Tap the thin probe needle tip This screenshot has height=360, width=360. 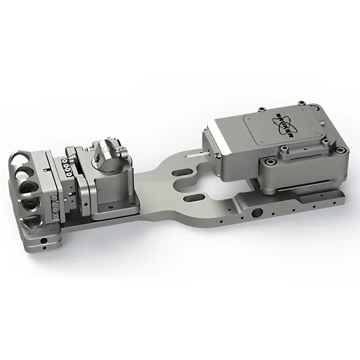click(188, 157)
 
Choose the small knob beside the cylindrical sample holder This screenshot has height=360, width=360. click(125, 154)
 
